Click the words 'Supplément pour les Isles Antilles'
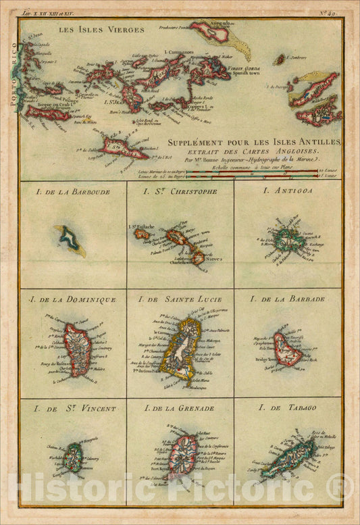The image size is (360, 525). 254,142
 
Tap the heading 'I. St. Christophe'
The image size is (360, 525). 180,191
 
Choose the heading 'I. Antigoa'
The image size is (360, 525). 288,191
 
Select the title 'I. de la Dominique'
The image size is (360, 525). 72,299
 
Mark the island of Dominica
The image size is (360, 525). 78,349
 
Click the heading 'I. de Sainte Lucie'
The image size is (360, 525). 180,299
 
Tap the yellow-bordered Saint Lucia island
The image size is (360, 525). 180,349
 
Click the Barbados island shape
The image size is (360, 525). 288,349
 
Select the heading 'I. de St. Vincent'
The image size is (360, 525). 72,409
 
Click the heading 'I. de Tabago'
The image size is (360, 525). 288,408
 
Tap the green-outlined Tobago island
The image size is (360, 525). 289,458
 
